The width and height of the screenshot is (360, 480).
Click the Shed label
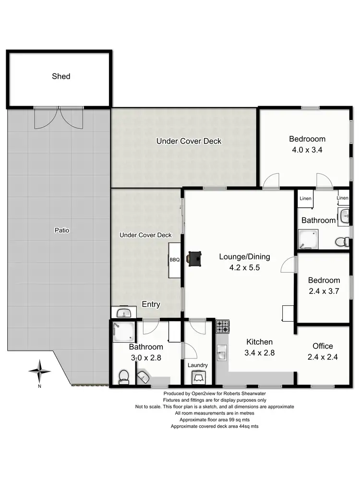pyautogui.click(x=61, y=76)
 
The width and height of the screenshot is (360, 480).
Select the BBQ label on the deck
pyautogui.click(x=174, y=260)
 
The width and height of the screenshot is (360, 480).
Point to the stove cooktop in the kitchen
pyautogui.click(x=223, y=327)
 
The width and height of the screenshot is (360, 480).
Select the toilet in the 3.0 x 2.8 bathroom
pyautogui.click(x=124, y=377)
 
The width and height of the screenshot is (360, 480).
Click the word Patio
pyautogui.click(x=61, y=230)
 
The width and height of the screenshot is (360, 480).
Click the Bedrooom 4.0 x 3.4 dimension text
pyautogui.click(x=307, y=149)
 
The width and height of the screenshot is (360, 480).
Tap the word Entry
pyautogui.click(x=151, y=304)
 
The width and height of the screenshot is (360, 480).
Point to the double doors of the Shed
pyautogui.click(x=59, y=118)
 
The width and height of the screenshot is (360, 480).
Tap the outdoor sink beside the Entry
pyautogui.click(x=124, y=313)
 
